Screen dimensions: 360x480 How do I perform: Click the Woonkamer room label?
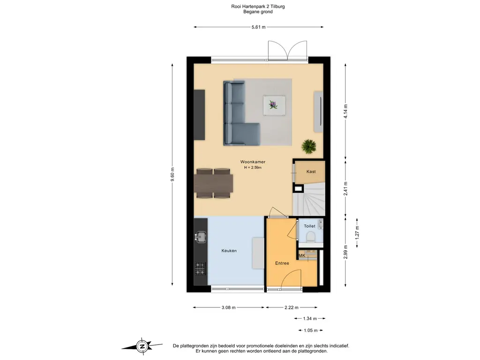[x=253, y=162]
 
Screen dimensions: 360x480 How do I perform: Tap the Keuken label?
[x=229, y=251]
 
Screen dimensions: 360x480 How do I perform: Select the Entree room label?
[x=282, y=263]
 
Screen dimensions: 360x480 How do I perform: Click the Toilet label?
[x=309, y=226]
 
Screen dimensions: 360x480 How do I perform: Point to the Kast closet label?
[x=311, y=172]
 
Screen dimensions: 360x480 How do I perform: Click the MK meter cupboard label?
[x=302, y=255]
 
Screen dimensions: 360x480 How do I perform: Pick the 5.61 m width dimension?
[x=258, y=27]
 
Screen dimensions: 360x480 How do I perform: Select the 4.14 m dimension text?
[x=346, y=111]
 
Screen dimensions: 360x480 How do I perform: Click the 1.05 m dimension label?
[x=310, y=330]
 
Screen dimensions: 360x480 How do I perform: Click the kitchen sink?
[x=201, y=236]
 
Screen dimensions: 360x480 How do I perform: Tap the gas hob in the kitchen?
[x=200, y=269]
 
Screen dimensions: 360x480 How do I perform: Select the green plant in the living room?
[x=309, y=146]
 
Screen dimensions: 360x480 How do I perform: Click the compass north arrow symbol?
[x=141, y=346]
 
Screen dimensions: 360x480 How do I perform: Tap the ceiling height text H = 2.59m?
[x=253, y=168]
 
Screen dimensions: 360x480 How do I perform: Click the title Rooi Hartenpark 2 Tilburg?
[x=258, y=7]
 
